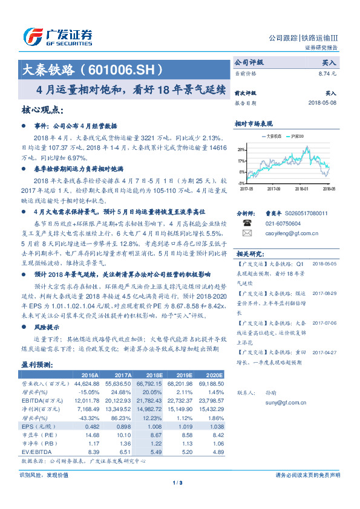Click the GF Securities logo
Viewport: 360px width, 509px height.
pyautogui.click(x=57, y=37)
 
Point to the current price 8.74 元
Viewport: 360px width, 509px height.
pyautogui.click(x=329, y=73)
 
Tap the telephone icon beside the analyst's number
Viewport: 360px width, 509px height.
pyautogui.click(x=246, y=222)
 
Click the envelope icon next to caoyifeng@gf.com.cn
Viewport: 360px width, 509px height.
pyautogui.click(x=246, y=233)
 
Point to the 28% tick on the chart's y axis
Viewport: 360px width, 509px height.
pyautogui.click(x=241, y=149)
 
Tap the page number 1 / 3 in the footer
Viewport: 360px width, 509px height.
pyautogui.click(x=177, y=482)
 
